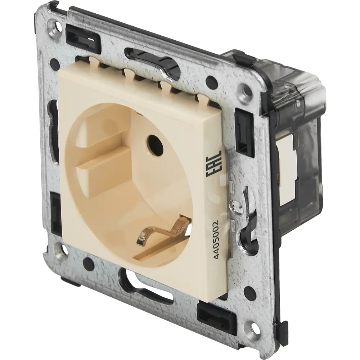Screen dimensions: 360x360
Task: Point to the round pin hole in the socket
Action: coord(153,142)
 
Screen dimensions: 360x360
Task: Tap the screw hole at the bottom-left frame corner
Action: coord(57,249)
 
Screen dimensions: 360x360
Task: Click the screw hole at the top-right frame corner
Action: coord(245,89)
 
